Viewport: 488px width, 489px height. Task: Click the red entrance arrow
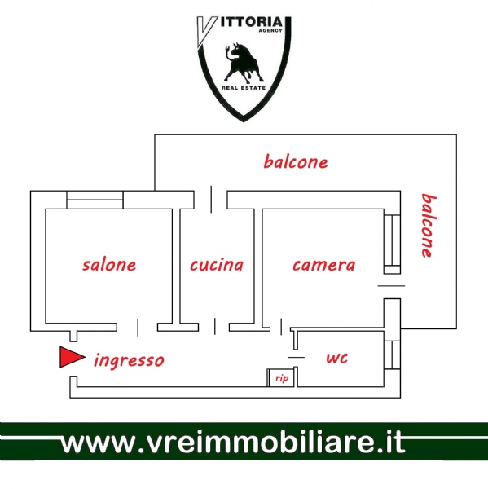coord(72,357)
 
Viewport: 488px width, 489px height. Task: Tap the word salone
coord(109,264)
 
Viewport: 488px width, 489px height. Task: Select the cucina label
coord(217,265)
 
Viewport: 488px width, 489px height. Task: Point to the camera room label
coord(324,265)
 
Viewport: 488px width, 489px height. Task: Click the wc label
coord(336,358)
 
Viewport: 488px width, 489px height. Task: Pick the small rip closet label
coord(282,378)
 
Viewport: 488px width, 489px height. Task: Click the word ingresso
coord(129,360)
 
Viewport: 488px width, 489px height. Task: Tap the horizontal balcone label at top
coord(296,161)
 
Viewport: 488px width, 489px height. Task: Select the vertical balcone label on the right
coord(429,226)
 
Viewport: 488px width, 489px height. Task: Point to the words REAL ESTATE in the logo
coord(244,88)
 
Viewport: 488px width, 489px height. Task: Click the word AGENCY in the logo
coord(270,30)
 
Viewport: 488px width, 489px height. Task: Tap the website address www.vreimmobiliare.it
coord(233,443)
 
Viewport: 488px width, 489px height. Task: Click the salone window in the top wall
coord(95,200)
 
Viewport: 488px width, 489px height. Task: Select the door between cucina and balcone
coord(211,200)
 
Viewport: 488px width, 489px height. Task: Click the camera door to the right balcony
coord(391,286)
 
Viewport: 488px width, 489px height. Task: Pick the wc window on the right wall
coord(392,355)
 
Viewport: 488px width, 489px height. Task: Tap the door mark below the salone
coord(138,328)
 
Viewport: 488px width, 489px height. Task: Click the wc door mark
coord(296,358)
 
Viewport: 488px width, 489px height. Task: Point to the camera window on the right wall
coord(392,240)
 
